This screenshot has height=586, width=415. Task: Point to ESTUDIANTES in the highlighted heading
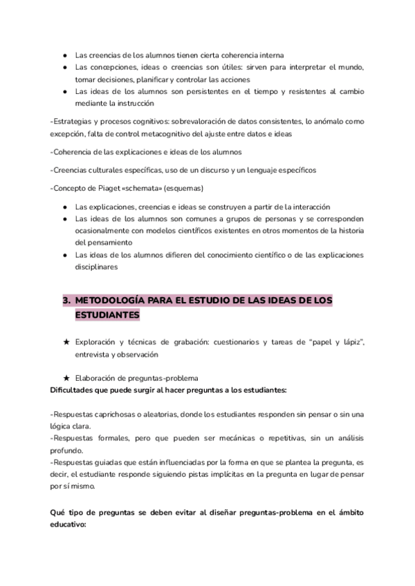tap(107, 315)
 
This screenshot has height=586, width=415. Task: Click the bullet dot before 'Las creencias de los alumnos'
tap(65, 55)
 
